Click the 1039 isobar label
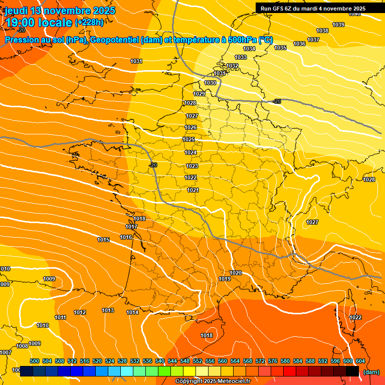[338, 25]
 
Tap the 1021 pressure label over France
[193, 190]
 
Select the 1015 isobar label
[103, 240]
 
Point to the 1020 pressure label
[236, 273]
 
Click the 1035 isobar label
[280, 48]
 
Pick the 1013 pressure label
[108, 310]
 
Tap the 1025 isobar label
[189, 139]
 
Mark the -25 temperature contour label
[277, 102]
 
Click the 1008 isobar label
[22, 346]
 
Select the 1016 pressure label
[126, 237]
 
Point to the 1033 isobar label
[241, 58]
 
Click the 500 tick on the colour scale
[35, 361]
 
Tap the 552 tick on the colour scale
[198, 361]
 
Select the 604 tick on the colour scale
[360, 361]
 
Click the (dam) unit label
[370, 371]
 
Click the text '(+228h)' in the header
[89, 22]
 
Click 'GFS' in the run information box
[279, 9]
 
